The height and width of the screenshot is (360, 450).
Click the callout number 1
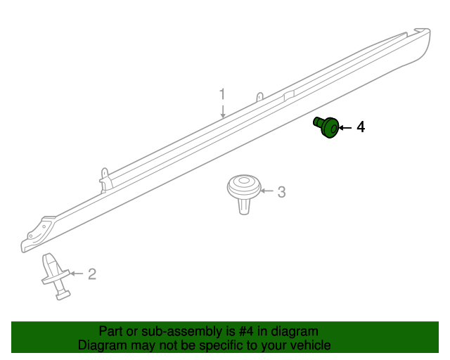pyautogui.click(x=222, y=94)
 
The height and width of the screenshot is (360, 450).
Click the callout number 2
pyautogui.click(x=92, y=274)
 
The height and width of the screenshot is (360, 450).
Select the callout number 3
pyautogui.click(x=281, y=192)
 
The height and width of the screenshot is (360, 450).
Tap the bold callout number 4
pyautogui.click(x=361, y=127)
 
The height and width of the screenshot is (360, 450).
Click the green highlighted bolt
pyautogui.click(x=326, y=127)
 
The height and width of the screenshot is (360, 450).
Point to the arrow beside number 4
pyautogui.click(x=345, y=128)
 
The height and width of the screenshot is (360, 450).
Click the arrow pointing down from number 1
pyautogui.click(x=223, y=111)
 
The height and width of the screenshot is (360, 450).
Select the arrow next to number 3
pyautogui.click(x=266, y=191)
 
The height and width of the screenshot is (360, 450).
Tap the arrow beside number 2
pyautogui.click(x=77, y=274)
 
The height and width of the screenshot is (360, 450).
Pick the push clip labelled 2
pyautogui.click(x=56, y=276)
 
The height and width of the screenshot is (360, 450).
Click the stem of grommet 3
pyautogui.click(x=244, y=207)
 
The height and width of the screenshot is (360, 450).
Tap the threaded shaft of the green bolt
pyautogui.click(x=318, y=122)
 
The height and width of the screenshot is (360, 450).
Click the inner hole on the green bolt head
pyautogui.click(x=333, y=129)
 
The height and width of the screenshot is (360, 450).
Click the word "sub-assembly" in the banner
pyautogui.click(x=182, y=331)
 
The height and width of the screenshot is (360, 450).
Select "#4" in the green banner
pyautogui.click(x=246, y=331)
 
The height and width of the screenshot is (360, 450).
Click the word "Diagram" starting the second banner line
pyautogui.click(x=102, y=345)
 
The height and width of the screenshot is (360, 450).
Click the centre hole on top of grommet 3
pyautogui.click(x=244, y=181)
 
